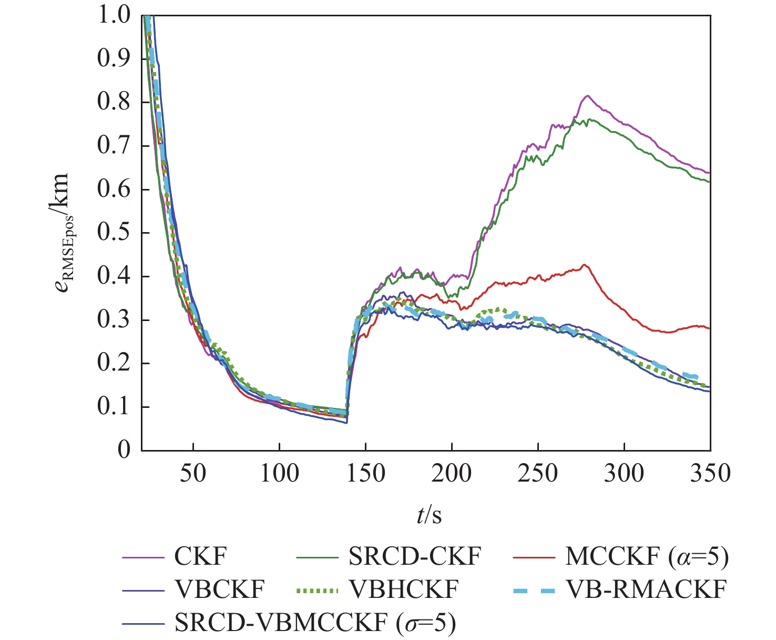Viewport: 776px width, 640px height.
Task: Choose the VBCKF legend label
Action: pos(219,590)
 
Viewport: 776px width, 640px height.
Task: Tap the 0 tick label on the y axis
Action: pos(124,451)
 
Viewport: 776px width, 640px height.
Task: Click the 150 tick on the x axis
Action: pos(365,473)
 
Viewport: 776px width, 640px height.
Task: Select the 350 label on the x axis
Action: pos(710,473)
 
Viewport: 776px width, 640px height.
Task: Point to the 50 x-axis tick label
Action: pos(193,473)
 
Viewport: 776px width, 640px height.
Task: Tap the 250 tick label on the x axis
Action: pos(538,473)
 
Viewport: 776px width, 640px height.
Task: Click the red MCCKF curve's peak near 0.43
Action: pos(584,264)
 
